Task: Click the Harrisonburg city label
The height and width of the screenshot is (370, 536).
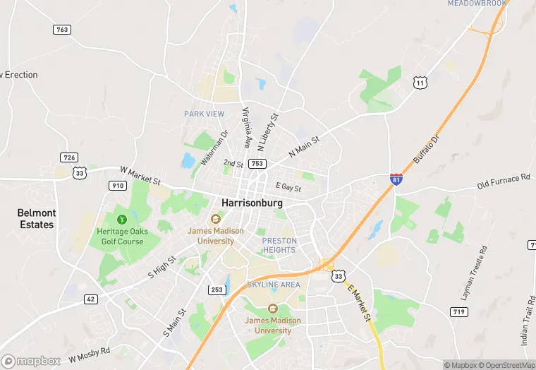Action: tap(252, 203)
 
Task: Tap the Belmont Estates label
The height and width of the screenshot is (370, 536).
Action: tap(36, 218)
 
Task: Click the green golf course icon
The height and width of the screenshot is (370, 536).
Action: tap(121, 219)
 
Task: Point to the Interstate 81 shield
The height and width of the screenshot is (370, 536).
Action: tap(397, 179)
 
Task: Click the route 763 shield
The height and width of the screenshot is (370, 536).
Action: tap(62, 29)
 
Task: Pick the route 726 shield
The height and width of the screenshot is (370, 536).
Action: tap(69, 157)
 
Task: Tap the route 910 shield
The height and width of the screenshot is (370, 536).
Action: tap(117, 185)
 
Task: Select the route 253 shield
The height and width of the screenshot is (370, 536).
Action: tap(217, 290)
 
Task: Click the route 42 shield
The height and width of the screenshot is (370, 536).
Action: tap(90, 299)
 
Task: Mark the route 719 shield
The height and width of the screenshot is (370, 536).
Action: tap(458, 311)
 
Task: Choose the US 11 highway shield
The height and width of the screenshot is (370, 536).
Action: tap(420, 83)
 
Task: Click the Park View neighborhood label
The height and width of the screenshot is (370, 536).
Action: tap(205, 114)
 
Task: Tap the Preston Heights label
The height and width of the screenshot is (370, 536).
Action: tap(279, 245)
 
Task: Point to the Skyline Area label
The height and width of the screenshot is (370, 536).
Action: tap(273, 285)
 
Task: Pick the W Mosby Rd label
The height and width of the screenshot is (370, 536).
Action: tap(90, 354)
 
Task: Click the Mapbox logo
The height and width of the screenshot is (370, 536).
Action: tap(31, 361)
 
